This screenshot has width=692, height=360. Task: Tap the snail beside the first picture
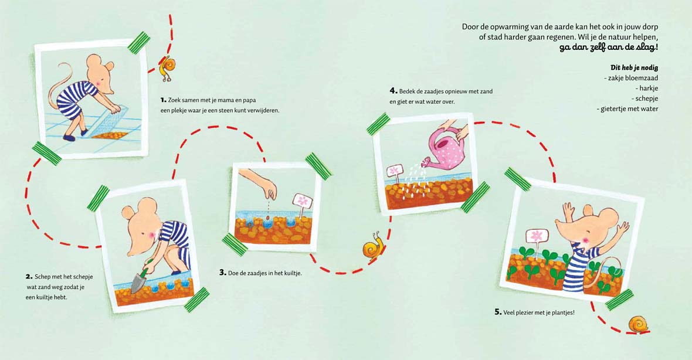tap(167, 69)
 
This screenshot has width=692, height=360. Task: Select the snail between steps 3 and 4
tap(373, 247)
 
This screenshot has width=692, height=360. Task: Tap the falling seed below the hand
tap(267, 218)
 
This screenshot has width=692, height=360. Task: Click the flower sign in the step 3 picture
tap(302, 205)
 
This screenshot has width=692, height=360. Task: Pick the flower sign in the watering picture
tap(395, 174)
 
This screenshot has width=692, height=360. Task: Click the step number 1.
tap(163, 100)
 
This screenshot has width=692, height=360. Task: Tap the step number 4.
tap(394, 91)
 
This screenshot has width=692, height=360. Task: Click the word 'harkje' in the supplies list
tap(649, 88)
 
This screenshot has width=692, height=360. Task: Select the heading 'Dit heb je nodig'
tap(634, 67)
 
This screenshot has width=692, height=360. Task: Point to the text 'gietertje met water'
tap(629, 109)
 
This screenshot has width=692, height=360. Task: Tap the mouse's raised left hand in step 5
tap(623, 228)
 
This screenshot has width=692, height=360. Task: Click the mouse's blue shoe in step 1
tap(69, 138)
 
